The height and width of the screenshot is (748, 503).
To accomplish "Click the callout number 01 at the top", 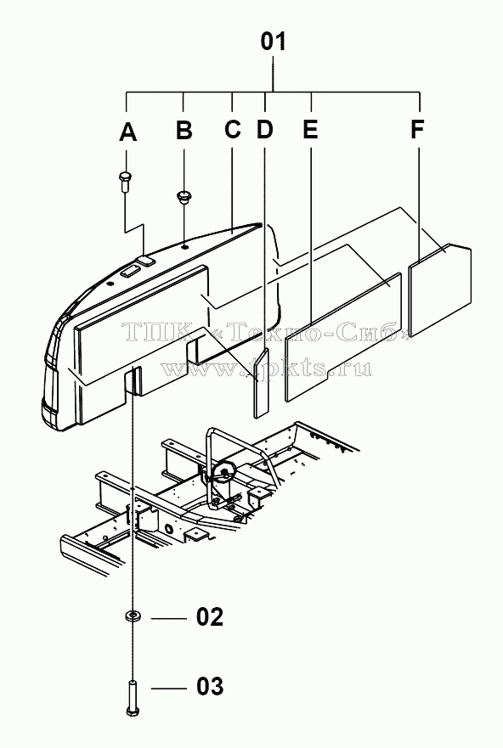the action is [274, 42].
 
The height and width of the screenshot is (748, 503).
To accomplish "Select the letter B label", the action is [184, 130].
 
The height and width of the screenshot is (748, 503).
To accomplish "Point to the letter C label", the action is [233, 129].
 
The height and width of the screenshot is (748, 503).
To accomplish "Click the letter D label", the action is [265, 129].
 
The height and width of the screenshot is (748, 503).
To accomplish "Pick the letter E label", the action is [310, 129].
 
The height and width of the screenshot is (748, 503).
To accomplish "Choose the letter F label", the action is [417, 129].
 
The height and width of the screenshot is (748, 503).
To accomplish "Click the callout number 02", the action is [210, 617].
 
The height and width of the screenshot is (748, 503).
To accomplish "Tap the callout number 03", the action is [210, 687].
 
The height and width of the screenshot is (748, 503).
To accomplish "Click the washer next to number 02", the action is [133, 616].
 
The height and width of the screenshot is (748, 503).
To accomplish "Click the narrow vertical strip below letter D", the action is [262, 383].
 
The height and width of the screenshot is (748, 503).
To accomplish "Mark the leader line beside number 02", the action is [168, 618].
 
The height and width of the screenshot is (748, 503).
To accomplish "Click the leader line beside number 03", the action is [168, 689].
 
